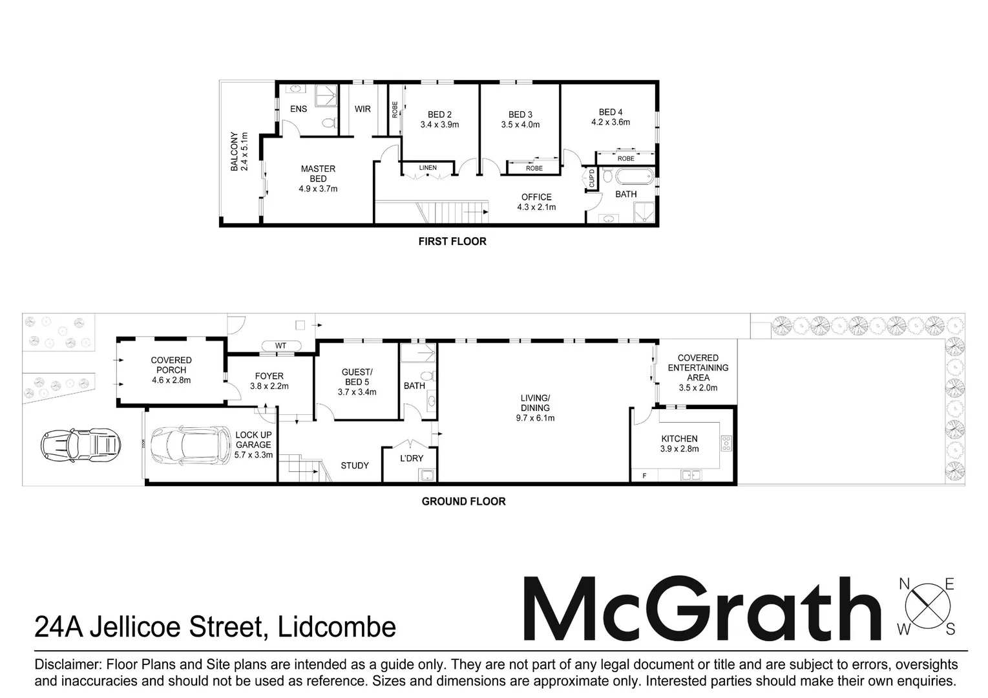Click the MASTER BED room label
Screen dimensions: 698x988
318,179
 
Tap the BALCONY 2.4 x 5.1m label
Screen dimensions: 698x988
239,152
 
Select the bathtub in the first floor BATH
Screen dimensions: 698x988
627,176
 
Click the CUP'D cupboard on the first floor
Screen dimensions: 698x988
591,178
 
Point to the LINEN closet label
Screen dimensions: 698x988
428,168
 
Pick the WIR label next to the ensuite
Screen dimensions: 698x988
363,109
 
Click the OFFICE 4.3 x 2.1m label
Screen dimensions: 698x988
536,202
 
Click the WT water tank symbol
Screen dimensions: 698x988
280,346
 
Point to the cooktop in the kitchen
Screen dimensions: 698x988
726,443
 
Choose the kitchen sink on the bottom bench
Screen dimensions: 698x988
691,476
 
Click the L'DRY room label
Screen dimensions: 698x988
412,458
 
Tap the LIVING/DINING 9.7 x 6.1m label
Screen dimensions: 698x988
535,408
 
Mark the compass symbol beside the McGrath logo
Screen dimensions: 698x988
927,606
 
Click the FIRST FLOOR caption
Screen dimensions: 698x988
452,242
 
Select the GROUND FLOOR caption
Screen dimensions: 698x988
463,502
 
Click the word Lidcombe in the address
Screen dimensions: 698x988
336,628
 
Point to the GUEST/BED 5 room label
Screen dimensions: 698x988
357,382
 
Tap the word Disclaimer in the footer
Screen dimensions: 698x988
65,665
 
